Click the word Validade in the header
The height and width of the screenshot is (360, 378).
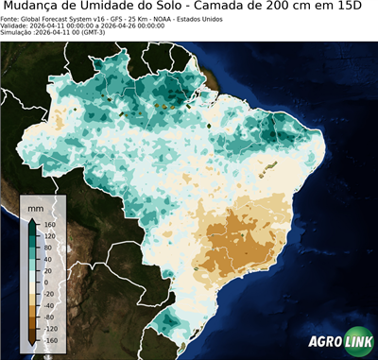click(16, 26)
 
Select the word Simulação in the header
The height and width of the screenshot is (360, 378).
click(18, 33)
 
